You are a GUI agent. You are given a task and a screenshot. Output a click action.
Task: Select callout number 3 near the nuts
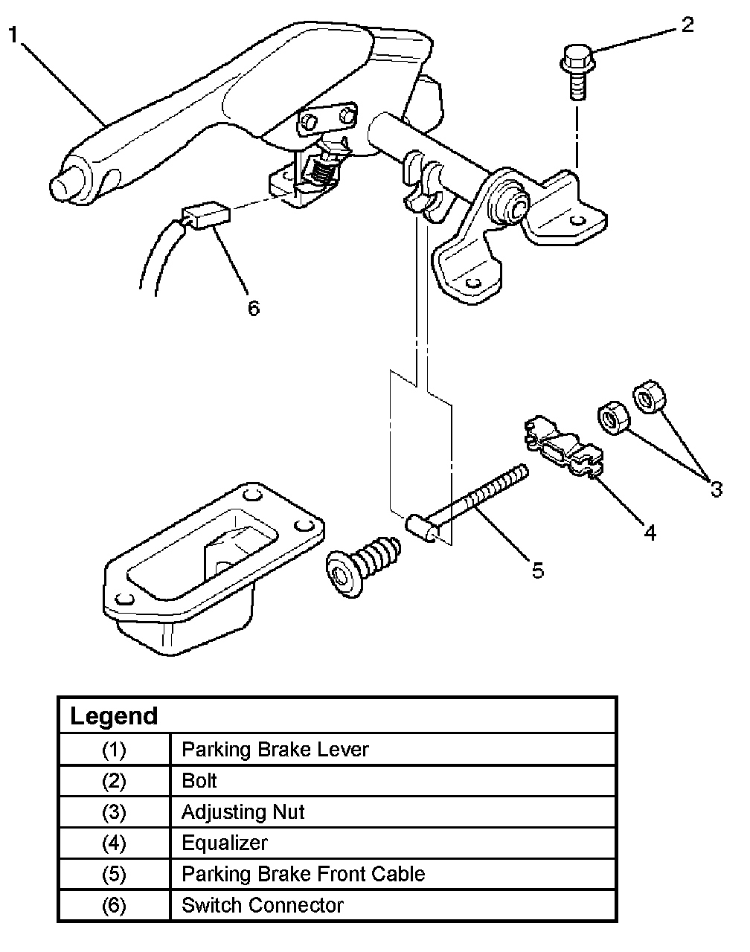tap(716, 489)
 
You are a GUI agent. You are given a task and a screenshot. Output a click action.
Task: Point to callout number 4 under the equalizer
tap(650, 533)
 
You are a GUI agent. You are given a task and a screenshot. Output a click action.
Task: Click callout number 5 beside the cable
tap(537, 570)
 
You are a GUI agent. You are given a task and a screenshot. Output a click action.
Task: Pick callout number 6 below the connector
tap(254, 308)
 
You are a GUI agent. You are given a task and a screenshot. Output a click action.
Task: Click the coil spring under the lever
tap(321, 176)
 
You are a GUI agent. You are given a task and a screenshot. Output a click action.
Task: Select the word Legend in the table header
tap(114, 716)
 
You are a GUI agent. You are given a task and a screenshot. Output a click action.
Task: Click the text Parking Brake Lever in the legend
tap(275, 749)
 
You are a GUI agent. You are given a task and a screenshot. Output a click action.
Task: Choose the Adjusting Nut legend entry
tap(243, 811)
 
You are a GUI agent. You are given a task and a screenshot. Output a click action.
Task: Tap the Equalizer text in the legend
tap(224, 843)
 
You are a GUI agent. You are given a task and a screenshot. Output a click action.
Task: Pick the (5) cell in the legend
tap(114, 875)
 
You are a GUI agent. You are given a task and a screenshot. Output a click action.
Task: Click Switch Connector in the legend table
tap(262, 905)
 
